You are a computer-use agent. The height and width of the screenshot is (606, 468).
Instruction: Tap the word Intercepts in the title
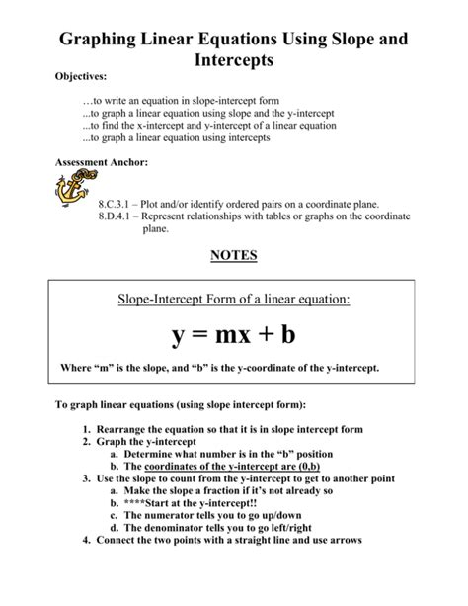coord(233,64)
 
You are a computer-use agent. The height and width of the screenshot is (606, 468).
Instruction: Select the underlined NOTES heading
coord(234,255)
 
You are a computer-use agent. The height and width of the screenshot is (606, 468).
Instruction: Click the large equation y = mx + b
coord(234,336)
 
